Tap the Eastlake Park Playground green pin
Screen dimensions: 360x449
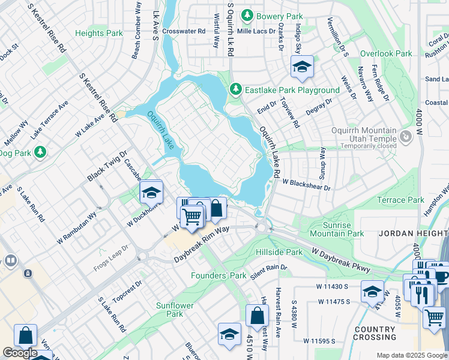[236, 89]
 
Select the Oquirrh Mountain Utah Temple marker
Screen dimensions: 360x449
[406, 137]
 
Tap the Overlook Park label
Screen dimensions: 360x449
[386, 53]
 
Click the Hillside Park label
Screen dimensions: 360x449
[279, 253]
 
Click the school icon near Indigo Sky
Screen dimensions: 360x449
[302, 67]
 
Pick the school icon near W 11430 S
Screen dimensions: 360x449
[372, 292]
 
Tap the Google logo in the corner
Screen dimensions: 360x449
[20, 353]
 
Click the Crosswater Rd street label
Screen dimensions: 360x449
[183, 31]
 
